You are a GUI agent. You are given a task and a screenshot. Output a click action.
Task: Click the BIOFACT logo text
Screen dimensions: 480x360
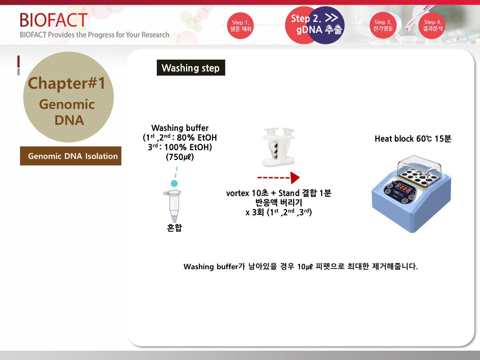(54, 20)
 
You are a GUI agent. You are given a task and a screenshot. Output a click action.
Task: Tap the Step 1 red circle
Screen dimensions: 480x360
(240, 26)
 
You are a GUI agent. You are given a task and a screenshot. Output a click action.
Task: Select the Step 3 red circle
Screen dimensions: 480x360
(383, 25)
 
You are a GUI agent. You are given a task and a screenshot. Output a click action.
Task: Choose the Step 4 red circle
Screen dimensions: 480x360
(432, 26)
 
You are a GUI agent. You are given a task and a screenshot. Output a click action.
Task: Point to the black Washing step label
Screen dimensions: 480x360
(191, 68)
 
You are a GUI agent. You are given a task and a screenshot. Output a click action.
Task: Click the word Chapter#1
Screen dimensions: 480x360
(66, 83)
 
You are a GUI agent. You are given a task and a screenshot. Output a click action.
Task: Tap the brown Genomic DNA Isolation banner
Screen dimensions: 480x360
(71, 156)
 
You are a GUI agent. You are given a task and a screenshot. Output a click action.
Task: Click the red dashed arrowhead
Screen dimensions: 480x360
(295, 178)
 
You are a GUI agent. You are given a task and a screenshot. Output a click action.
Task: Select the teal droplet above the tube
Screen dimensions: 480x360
(174, 183)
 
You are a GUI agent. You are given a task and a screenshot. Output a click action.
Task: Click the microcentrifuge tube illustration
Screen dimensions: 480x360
(173, 206)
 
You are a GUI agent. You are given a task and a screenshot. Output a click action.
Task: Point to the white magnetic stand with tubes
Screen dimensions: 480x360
(279, 147)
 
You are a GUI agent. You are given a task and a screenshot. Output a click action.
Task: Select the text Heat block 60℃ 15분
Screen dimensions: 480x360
(413, 138)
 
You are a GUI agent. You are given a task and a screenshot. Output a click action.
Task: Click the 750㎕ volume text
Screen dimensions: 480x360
(180, 157)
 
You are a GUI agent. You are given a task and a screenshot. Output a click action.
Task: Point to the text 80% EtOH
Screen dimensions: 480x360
(197, 138)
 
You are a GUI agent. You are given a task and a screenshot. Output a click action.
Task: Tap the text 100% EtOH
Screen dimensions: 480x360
(188, 147)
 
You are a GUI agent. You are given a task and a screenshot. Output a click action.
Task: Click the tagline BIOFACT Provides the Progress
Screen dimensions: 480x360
(94, 35)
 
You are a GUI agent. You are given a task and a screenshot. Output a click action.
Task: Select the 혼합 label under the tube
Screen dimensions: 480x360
(174, 228)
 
